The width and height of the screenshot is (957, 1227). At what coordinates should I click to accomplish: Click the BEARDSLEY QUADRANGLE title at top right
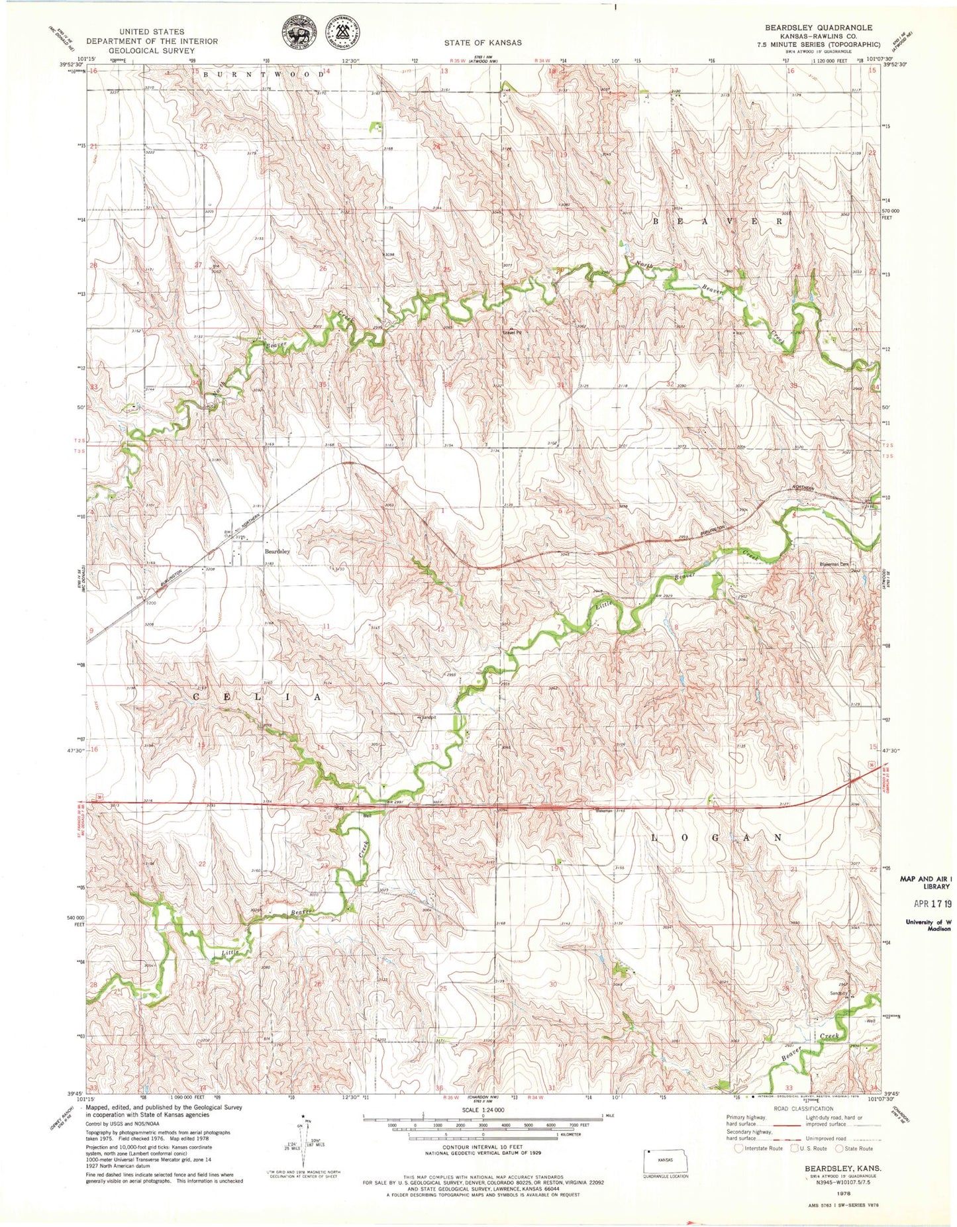coord(819,28)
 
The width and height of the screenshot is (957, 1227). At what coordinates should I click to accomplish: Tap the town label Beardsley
coord(277,551)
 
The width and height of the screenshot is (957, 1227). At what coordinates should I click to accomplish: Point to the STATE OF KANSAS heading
coord(483,42)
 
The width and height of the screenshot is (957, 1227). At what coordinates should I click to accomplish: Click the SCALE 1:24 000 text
coord(483,1110)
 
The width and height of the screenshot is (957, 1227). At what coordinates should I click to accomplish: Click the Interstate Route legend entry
coord(758,1148)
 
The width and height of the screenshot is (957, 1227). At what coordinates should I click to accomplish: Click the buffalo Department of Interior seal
coord(298,32)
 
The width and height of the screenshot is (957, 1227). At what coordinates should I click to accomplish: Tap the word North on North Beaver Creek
coord(644,266)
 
